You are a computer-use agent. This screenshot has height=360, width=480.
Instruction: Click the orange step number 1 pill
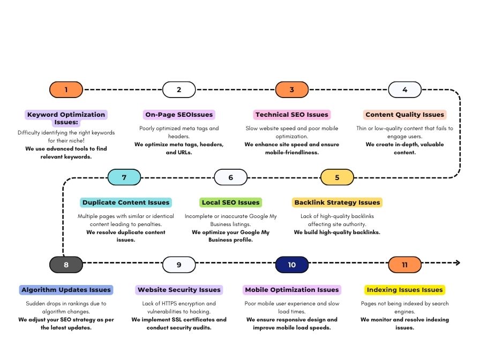click(x=66, y=89)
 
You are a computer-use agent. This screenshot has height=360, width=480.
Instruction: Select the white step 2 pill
click(x=179, y=89)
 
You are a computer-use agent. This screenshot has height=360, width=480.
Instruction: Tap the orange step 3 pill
click(x=292, y=89)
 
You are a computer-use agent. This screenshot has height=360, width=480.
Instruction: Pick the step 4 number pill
click(x=404, y=89)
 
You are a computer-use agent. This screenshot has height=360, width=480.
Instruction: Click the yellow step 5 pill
click(x=337, y=177)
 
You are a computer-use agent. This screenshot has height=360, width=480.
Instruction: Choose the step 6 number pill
click(x=231, y=177)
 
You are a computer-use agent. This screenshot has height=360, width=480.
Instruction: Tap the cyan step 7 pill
click(x=124, y=177)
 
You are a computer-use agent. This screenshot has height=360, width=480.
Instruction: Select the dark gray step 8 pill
click(x=66, y=265)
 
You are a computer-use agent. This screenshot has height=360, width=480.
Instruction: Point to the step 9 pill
click(x=179, y=265)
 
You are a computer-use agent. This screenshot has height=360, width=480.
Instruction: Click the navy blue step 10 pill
click(x=292, y=265)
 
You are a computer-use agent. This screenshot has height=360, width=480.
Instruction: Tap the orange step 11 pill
click(x=404, y=265)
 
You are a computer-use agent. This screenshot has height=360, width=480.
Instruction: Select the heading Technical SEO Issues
click(x=292, y=115)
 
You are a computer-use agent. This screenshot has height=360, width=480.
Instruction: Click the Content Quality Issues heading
click(x=405, y=115)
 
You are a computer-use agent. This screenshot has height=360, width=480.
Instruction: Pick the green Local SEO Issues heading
click(x=230, y=202)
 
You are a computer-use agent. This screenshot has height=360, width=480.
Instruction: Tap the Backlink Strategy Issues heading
click(x=337, y=202)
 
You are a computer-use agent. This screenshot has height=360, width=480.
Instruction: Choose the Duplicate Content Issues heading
click(x=125, y=202)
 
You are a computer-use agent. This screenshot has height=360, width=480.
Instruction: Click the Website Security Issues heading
click(x=179, y=290)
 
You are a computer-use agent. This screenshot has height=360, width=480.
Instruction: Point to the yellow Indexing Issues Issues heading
click(x=404, y=290)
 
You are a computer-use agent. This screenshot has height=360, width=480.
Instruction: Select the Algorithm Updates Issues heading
click(x=66, y=290)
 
